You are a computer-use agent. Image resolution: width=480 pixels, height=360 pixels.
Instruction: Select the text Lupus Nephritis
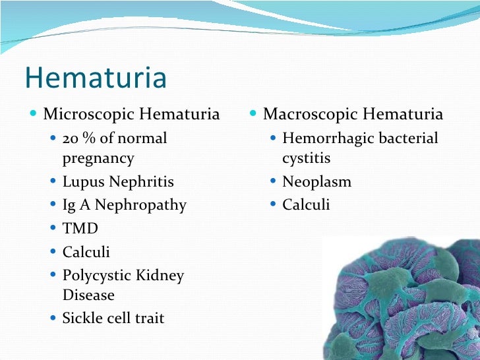(118, 181)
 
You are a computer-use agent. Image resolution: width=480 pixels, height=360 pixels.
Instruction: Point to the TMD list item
(80, 229)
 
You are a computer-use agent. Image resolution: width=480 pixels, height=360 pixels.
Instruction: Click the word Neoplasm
(316, 181)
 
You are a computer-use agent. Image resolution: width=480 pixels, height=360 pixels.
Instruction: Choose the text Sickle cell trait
(113, 318)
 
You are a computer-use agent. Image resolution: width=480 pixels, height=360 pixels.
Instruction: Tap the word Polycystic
(98, 276)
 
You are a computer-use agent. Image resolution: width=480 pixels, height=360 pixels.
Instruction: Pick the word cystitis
(306, 158)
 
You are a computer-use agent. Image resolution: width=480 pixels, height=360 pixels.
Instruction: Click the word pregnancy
(98, 158)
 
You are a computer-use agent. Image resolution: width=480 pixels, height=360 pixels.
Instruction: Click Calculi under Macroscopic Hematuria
(306, 205)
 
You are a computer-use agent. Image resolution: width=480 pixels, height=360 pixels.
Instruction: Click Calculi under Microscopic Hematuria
(86, 252)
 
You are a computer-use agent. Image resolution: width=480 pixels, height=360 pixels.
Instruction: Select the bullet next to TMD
(53, 229)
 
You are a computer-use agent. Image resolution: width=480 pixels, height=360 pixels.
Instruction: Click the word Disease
(88, 295)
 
